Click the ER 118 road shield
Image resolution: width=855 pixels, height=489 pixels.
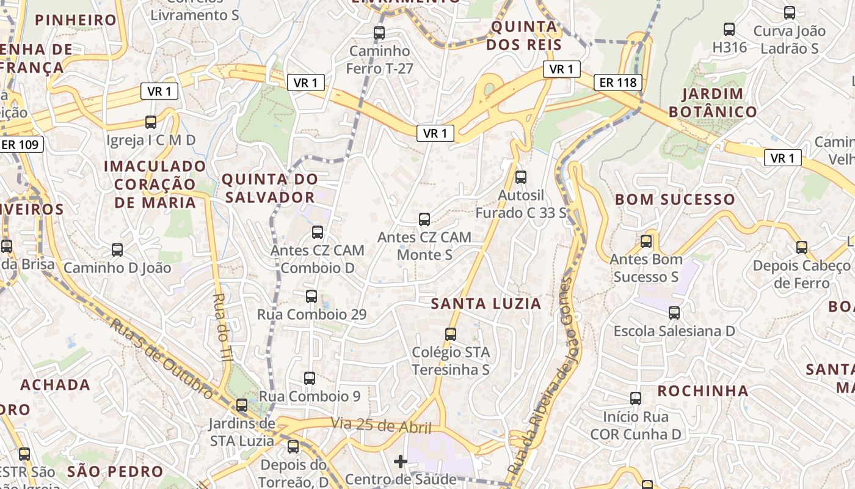point(618,82)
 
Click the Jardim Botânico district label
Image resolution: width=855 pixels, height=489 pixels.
point(713,103)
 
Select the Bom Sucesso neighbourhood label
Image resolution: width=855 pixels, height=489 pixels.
point(675,199)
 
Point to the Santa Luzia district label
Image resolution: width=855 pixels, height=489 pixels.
point(486,304)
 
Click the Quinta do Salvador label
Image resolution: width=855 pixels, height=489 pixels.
point(269,188)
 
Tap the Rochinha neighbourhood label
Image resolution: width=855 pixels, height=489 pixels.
point(702,391)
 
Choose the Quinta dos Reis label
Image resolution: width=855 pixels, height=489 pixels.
point(525,35)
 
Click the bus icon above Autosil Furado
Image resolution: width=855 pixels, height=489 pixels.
point(521,177)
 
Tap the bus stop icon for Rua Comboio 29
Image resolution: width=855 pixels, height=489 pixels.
point(311,296)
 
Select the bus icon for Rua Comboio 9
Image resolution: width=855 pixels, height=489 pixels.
point(310,378)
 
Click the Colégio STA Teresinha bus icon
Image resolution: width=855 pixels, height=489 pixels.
point(451,334)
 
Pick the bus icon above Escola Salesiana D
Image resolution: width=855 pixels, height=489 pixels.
point(674,313)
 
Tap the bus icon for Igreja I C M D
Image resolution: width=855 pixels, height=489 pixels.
point(151,122)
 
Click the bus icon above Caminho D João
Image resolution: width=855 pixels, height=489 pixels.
point(117,250)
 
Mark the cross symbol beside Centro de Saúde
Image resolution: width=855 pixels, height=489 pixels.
point(401,461)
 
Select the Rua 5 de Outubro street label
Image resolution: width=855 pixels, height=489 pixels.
point(162,358)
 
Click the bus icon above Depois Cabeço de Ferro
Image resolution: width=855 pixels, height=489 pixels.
point(802,248)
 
